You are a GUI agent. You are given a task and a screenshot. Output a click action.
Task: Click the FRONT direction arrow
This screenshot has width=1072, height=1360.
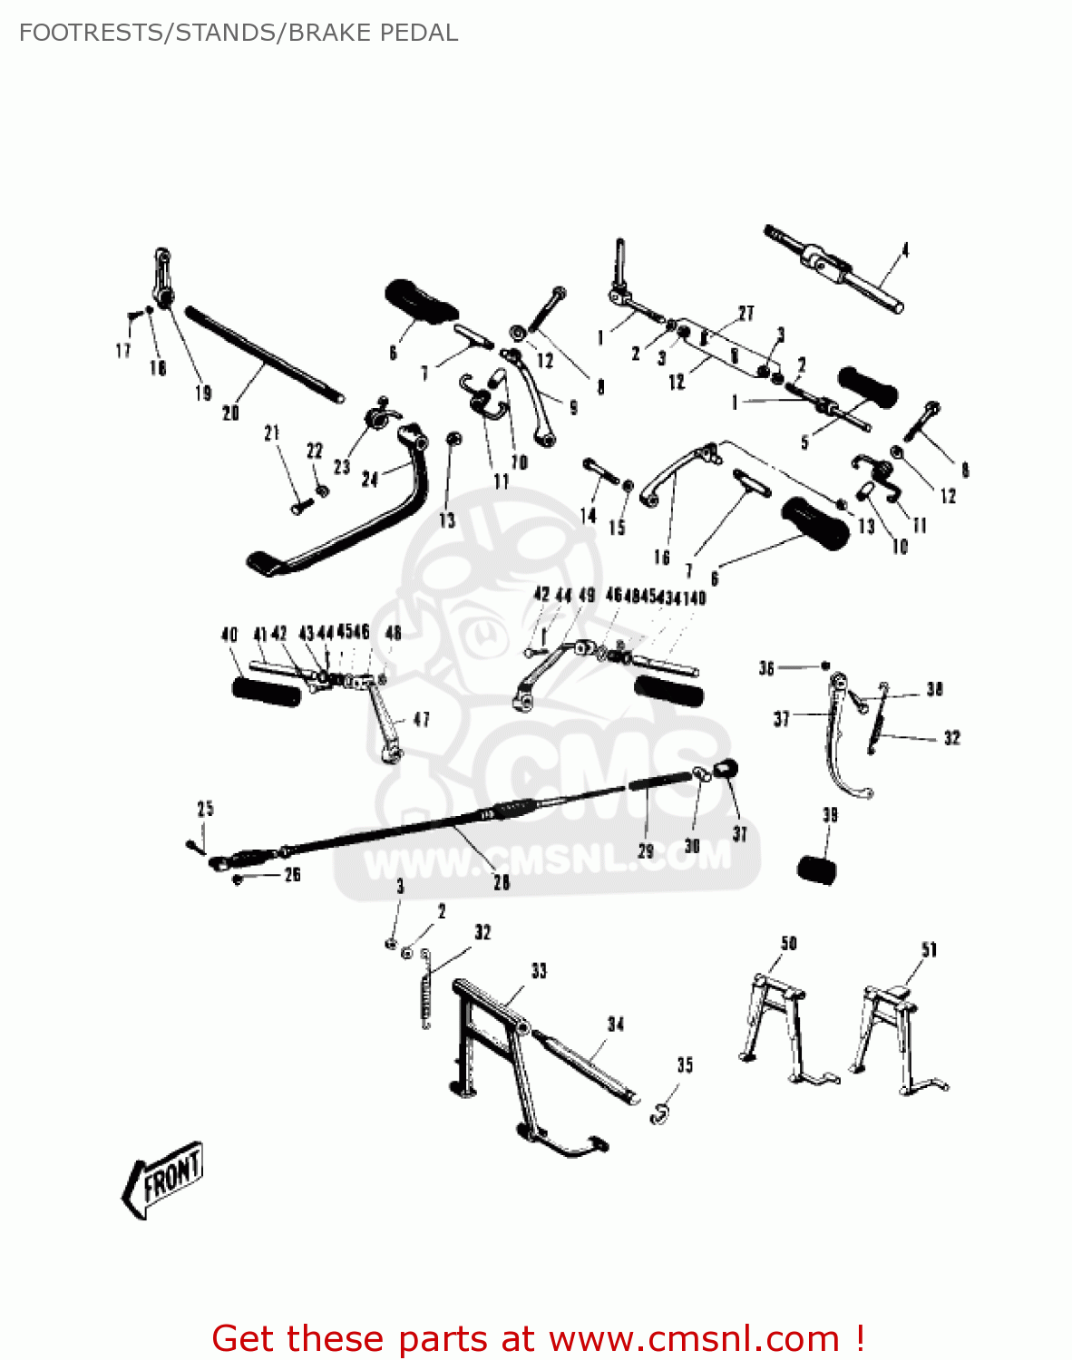click(x=163, y=1180)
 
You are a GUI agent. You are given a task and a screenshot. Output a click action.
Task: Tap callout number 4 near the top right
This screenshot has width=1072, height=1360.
click(x=904, y=249)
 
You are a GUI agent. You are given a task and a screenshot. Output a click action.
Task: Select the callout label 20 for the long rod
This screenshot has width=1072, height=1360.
click(x=230, y=413)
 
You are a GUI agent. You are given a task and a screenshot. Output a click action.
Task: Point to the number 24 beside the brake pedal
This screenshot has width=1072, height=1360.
click(x=369, y=478)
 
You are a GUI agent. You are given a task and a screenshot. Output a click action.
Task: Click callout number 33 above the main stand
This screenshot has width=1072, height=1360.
click(x=539, y=971)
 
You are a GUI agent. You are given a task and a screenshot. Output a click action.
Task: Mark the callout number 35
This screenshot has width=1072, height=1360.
click(x=685, y=1064)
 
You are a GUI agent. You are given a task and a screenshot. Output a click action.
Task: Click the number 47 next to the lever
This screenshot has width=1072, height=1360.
click(x=421, y=719)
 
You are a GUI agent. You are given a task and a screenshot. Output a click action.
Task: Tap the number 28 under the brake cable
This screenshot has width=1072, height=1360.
click(x=501, y=881)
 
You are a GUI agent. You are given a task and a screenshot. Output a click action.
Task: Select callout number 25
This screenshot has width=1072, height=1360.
click(x=206, y=808)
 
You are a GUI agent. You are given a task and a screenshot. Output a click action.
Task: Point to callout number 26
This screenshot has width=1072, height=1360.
click(x=292, y=874)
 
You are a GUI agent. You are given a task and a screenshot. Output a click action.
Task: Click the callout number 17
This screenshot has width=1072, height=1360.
click(x=123, y=350)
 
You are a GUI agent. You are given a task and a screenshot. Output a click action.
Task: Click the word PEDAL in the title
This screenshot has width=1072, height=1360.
click(x=419, y=33)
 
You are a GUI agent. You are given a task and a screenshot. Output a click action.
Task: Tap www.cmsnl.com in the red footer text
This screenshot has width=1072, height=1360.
click(x=694, y=1338)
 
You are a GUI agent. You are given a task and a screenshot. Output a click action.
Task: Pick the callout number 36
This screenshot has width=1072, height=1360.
click(x=766, y=668)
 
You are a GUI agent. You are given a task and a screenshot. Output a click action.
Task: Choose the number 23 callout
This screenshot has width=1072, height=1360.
click(x=341, y=467)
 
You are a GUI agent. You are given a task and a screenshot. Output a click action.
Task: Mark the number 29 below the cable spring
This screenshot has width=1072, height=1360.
click(x=646, y=850)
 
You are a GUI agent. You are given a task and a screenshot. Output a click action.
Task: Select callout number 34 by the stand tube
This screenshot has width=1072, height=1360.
click(x=616, y=1024)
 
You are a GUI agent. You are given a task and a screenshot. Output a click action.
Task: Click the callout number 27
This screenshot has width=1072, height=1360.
click(x=746, y=313)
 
